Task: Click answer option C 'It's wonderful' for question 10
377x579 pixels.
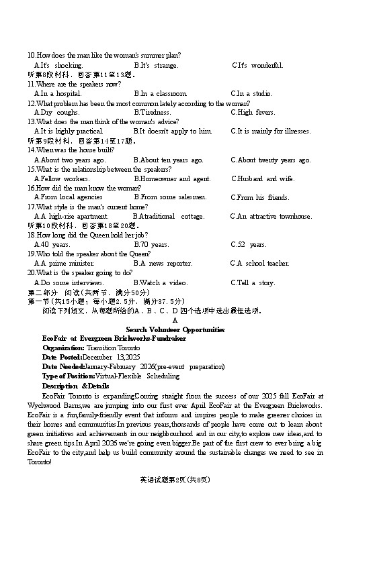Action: coord(257,65)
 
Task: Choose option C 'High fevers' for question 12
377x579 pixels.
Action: coord(253,112)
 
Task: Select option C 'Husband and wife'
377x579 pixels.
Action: coord(263,178)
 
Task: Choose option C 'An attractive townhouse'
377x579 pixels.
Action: coord(271,216)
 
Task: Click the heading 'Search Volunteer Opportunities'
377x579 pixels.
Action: coord(175,329)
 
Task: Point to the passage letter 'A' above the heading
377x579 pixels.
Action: coord(175,320)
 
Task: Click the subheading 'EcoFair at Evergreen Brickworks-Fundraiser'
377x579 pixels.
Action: coord(114,339)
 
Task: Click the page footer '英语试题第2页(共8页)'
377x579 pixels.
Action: coord(175,480)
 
